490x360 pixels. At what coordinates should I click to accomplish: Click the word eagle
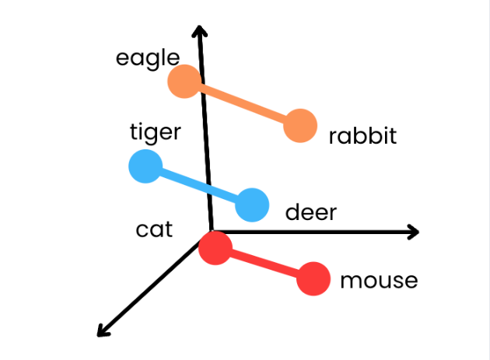(x=148, y=59)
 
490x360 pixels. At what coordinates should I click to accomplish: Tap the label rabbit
(x=362, y=137)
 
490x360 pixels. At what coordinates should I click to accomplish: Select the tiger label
(x=155, y=132)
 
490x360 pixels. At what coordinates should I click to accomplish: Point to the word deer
(x=311, y=212)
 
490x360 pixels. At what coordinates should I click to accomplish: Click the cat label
(x=154, y=230)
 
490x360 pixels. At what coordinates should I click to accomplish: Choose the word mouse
(x=379, y=281)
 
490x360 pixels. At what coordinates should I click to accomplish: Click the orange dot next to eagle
(x=185, y=82)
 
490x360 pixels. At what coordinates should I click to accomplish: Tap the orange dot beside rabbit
(x=299, y=126)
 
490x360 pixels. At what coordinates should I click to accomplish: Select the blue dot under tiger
(x=145, y=167)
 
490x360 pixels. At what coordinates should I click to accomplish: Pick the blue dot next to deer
(x=252, y=204)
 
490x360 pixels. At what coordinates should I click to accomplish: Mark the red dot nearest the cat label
(x=215, y=248)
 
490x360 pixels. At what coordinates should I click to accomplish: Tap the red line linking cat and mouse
(x=264, y=264)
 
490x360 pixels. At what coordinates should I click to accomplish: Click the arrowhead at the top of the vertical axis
(x=201, y=31)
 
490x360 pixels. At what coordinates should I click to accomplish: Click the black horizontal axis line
(x=327, y=231)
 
